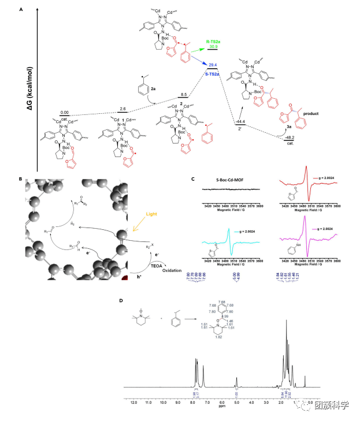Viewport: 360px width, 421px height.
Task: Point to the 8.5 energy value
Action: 183,94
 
